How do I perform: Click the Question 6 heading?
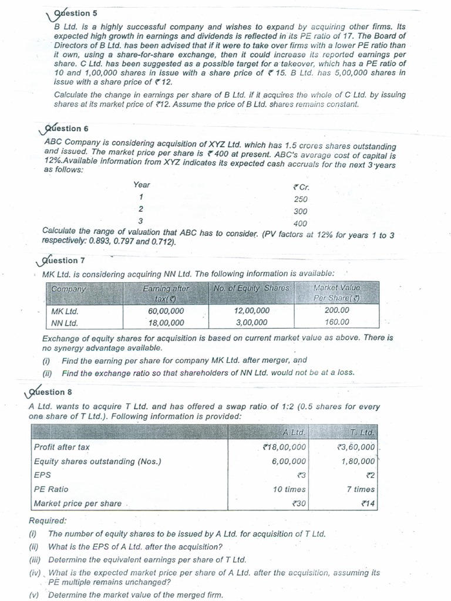pyautogui.click(x=66, y=129)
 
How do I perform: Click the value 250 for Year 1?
pyautogui.click(x=301, y=199)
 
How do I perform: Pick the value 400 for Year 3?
pyautogui.click(x=301, y=223)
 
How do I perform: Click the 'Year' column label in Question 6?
pyautogui.click(x=142, y=184)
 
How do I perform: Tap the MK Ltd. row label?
pyautogui.click(x=65, y=310)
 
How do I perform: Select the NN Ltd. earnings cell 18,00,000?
pyautogui.click(x=166, y=322)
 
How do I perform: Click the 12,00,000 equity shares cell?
pyautogui.click(x=252, y=310)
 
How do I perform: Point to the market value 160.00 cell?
pyautogui.click(x=336, y=322)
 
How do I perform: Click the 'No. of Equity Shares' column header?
pyautogui.click(x=252, y=288)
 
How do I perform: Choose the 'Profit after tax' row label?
pyautogui.click(x=62, y=447)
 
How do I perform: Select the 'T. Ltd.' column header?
pyautogui.click(x=362, y=433)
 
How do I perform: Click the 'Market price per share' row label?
pyautogui.click(x=78, y=503)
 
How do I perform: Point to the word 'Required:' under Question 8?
pyautogui.click(x=48, y=521)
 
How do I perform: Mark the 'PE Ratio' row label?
pyautogui.click(x=51, y=489)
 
